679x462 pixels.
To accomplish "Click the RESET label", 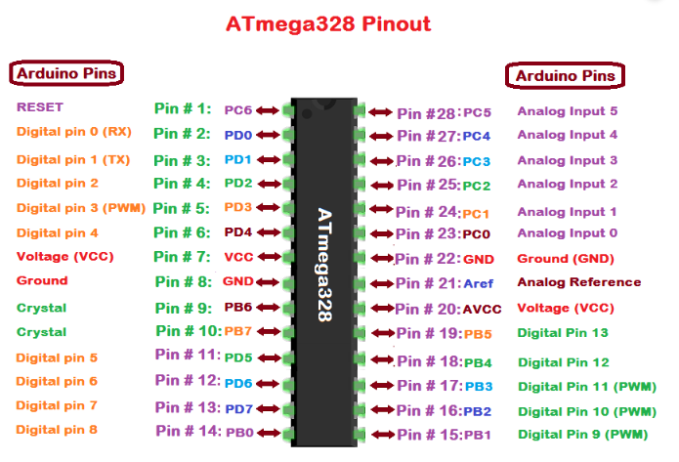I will pyautogui.click(x=39, y=106).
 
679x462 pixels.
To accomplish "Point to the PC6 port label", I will pyautogui.click(x=238, y=110).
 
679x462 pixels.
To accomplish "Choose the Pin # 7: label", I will pyautogui.click(x=182, y=257).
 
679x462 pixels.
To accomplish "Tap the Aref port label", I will pyautogui.click(x=478, y=283).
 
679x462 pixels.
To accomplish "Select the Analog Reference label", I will pyautogui.click(x=579, y=282).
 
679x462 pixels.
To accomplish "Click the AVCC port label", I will pyautogui.click(x=482, y=309).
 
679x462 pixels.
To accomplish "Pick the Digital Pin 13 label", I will pyautogui.click(x=563, y=333).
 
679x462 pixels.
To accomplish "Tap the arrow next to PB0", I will pyautogui.click(x=267, y=431).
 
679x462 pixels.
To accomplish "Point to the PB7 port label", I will pyautogui.click(x=238, y=332).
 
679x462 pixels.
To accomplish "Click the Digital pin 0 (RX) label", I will pyautogui.click(x=73, y=131).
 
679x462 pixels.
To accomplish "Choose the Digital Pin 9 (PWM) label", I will pyautogui.click(x=582, y=434).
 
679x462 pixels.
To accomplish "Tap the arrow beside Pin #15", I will pyautogui.click(x=380, y=434).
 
